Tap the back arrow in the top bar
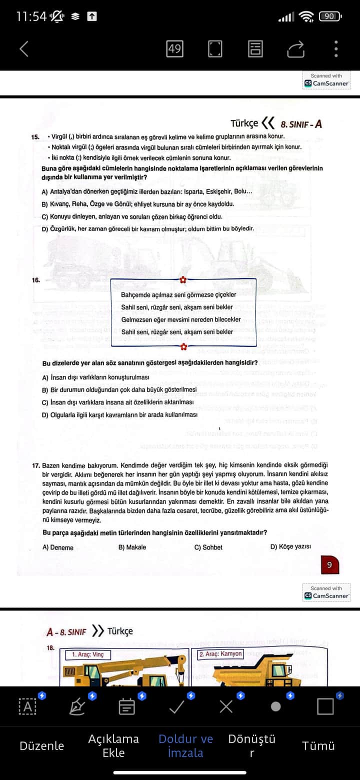24,48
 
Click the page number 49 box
174,48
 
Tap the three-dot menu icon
336,48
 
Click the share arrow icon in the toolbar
295,48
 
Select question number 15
35,136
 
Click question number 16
35,280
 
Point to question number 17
36,465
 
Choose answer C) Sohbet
208,547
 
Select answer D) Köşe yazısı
290,546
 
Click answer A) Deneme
58,547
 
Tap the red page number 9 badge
329,565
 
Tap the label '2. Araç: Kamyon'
220,653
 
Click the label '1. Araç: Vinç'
87,654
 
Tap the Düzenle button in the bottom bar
42,745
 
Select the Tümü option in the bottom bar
318,745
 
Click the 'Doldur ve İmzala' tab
185,745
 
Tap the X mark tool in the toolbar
226,706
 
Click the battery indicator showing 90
330,16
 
